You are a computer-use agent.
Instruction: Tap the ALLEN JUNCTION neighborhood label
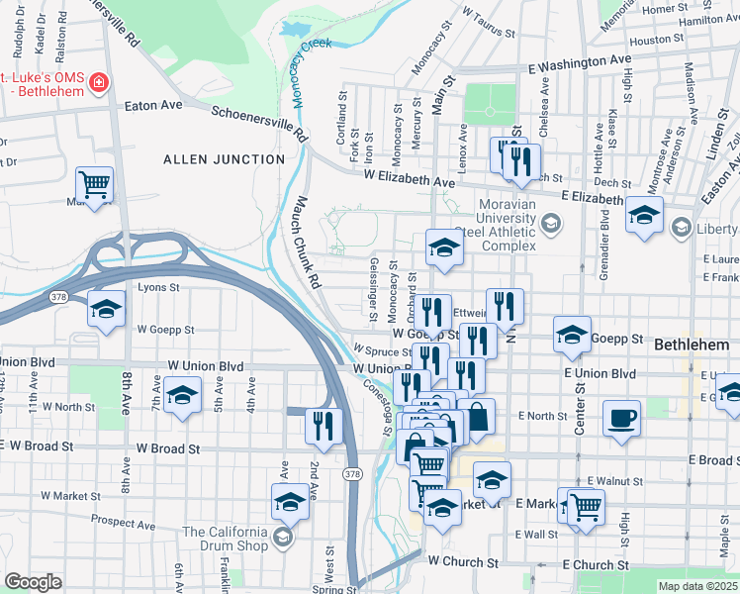point(210,159)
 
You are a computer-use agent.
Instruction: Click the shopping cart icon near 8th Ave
point(95,184)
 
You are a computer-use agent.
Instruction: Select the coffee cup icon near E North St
point(622,417)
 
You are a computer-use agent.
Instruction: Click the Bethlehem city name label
point(692,346)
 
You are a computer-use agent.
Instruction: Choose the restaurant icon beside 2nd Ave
point(324,426)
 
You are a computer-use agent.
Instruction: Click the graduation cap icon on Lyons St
point(106,309)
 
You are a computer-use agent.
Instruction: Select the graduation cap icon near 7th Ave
point(182,398)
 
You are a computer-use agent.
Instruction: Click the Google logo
point(34,581)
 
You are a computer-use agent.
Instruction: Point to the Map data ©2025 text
point(697,586)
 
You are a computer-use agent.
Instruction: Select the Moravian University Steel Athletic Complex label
point(508,225)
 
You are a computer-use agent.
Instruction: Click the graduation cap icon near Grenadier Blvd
point(643,216)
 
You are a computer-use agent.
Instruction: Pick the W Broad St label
point(168,448)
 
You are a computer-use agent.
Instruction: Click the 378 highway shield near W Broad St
point(352,475)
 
